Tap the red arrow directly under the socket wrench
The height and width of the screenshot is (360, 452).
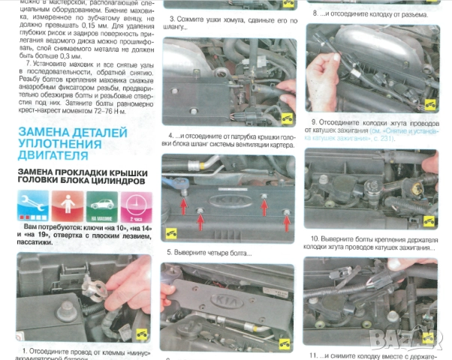click(x=183, y=196)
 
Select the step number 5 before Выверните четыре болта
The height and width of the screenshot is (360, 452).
click(x=170, y=253)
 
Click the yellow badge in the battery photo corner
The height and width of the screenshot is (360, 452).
click(x=143, y=334)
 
